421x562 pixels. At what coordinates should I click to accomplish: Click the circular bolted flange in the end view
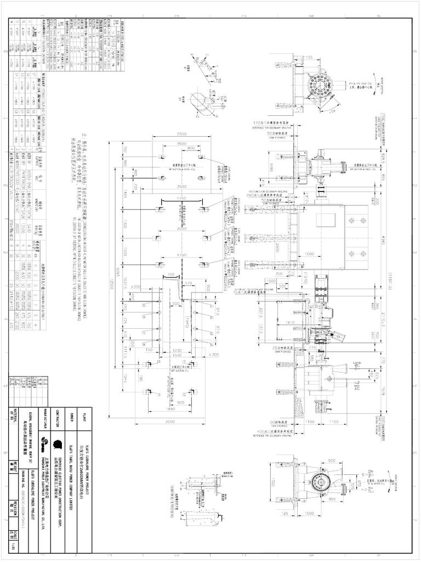click(318, 85)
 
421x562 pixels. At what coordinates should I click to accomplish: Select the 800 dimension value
click(191, 148)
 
